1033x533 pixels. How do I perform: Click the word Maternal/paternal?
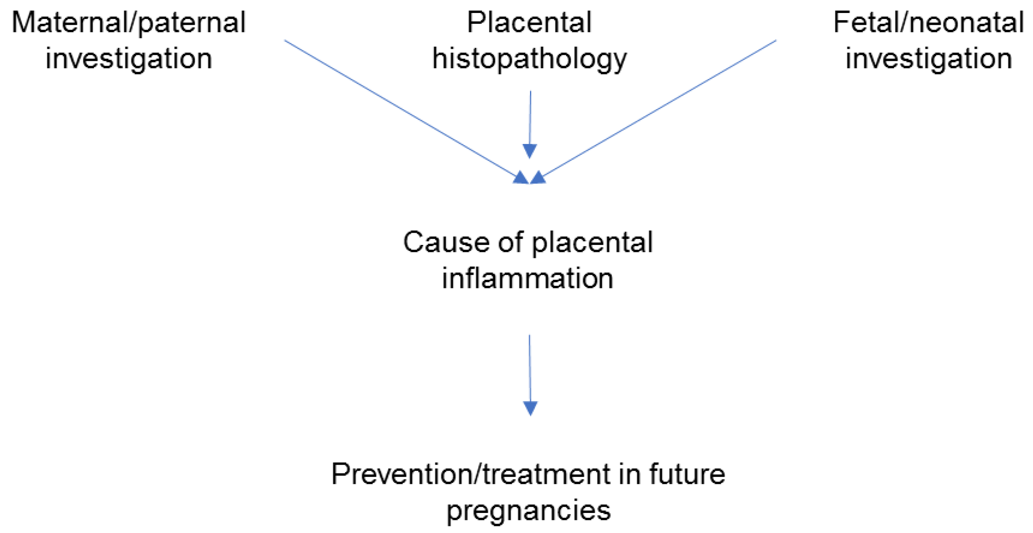pyautogui.click(x=128, y=23)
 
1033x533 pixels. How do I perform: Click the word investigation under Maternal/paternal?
pyautogui.click(x=128, y=59)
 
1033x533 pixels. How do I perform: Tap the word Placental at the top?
pyautogui.click(x=529, y=23)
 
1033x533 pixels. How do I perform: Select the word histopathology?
pyautogui.click(x=529, y=59)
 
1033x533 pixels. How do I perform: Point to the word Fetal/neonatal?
pyautogui.click(x=928, y=23)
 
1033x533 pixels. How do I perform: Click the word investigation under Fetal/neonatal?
pyautogui.click(x=928, y=59)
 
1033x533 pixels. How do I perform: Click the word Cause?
pyautogui.click(x=445, y=243)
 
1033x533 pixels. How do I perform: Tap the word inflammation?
pyautogui.click(x=527, y=278)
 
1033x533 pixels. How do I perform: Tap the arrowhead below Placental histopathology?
pyautogui.click(x=529, y=151)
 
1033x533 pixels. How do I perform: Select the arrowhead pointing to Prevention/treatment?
pyautogui.click(x=530, y=408)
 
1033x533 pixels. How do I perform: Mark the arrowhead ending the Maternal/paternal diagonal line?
pyautogui.click(x=521, y=178)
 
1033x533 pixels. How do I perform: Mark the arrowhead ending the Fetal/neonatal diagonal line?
pyautogui.click(x=538, y=178)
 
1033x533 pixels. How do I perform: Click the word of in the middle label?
pyautogui.click(x=510, y=243)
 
